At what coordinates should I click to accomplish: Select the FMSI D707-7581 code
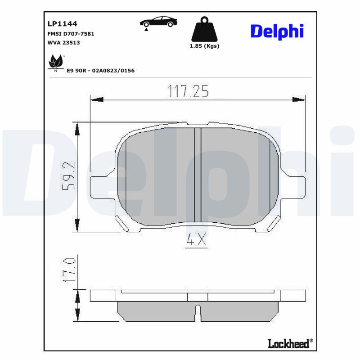[71, 34]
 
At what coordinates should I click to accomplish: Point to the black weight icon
[205, 29]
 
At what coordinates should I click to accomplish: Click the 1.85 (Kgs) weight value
[205, 46]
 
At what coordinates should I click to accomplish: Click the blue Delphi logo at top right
[277, 31]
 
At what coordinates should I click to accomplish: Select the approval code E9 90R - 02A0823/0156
[100, 71]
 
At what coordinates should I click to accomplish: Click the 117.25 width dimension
[188, 91]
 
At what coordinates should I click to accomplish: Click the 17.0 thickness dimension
[68, 270]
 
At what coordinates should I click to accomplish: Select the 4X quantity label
[196, 241]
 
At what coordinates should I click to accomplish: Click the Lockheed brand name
[288, 344]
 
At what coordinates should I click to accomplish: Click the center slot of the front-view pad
[197, 175]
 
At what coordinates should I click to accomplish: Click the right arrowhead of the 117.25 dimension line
[299, 99]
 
